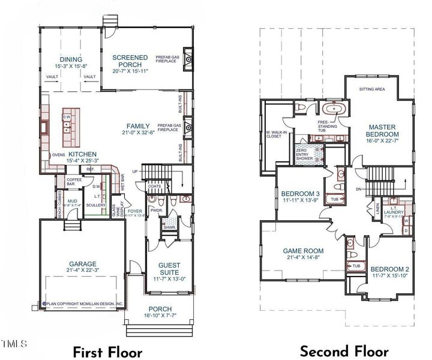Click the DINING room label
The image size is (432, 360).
click(x=70, y=59)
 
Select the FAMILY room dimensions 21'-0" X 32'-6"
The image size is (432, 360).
click(x=138, y=133)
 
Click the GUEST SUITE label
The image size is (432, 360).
click(x=170, y=268)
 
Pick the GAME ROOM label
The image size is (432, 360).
click(x=304, y=251)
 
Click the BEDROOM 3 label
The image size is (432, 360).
click(x=300, y=193)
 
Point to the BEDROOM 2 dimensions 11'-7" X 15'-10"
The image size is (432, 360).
click(x=389, y=276)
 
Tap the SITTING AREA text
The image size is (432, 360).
click(x=372, y=89)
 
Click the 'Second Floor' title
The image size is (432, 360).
click(x=344, y=351)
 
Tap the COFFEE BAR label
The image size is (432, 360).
click(x=74, y=181)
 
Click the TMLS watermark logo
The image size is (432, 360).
click(x=14, y=344)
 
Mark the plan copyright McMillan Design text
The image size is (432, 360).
click(x=82, y=304)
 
